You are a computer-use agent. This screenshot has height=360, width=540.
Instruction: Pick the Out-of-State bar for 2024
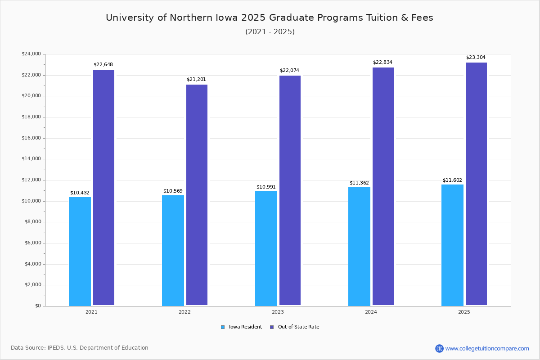point(383,186)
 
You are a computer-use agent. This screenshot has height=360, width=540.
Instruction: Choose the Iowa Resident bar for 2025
point(452,245)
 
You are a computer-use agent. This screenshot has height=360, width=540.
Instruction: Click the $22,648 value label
point(103,65)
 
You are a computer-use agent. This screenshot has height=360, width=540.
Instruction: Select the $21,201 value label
point(196,80)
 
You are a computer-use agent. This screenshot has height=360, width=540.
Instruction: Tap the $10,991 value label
point(266,187)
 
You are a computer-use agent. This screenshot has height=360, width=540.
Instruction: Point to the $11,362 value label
point(359,183)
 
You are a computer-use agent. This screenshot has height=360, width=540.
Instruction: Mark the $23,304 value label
point(476,58)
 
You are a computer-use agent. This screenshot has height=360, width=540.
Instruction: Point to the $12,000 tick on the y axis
point(31,180)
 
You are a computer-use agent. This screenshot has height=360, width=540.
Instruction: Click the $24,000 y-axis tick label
point(31,54)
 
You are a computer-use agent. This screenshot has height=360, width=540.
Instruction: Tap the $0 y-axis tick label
point(37,306)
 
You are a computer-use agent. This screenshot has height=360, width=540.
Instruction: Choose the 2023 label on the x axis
point(278,312)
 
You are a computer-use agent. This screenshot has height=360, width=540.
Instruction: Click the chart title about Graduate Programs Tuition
point(270,18)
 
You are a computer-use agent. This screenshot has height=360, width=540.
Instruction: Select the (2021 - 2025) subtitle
point(270,32)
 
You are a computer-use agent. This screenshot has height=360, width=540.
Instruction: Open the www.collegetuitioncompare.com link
point(487,348)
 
